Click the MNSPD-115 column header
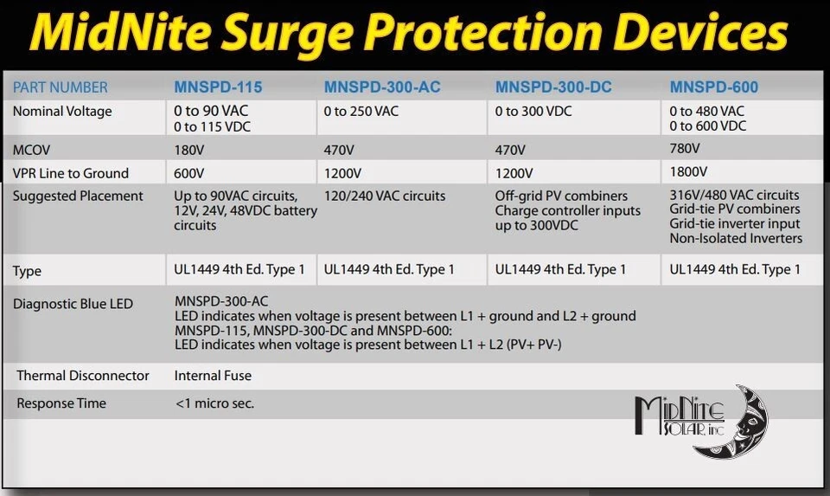click(x=218, y=87)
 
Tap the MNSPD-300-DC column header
click(x=558, y=87)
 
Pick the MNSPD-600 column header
click(x=713, y=87)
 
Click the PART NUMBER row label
click(x=61, y=87)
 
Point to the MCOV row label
click(x=31, y=149)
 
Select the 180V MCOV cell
click(x=189, y=149)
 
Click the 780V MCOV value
click(x=686, y=148)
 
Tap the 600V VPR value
click(x=190, y=173)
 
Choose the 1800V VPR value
click(x=689, y=172)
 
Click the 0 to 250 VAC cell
click(x=361, y=112)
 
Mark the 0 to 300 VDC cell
click(x=533, y=112)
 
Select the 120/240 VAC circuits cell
click(x=385, y=196)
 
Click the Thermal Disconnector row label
click(x=83, y=376)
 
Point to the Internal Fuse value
click(x=213, y=376)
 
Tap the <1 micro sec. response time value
click(x=214, y=403)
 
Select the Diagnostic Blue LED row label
click(x=73, y=304)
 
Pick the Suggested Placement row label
click(x=78, y=196)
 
